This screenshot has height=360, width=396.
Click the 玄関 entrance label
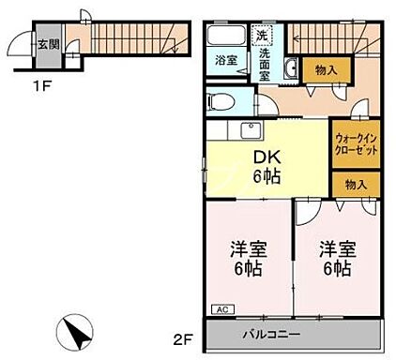pos(48,43)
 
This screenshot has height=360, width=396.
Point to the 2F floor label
pos(184,335)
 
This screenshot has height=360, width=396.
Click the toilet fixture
pos(221,98)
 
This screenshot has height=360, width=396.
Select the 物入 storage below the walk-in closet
pos(355,185)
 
